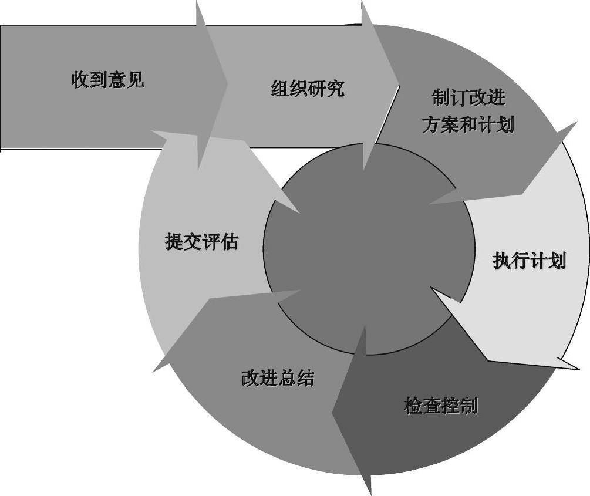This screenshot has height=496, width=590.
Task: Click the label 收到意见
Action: coord(108,79)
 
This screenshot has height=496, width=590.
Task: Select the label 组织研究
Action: coord(308,89)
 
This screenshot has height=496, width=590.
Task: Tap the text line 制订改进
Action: coord(468,97)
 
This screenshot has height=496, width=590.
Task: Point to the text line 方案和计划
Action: coord(468,124)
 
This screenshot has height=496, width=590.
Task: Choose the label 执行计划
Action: coord(529,261)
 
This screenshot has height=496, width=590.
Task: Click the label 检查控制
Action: coord(441,406)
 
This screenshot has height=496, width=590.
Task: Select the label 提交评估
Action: coord(201,242)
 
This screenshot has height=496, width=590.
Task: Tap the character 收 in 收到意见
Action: coord(81,79)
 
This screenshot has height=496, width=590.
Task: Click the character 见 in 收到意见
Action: coord(135,79)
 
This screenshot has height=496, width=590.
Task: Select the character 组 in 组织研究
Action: coord(281,89)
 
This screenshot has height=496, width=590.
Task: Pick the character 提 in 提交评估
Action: coord(174,242)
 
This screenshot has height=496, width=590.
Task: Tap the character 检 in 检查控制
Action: coord(414,406)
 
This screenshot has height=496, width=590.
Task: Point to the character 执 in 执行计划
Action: coord(502,261)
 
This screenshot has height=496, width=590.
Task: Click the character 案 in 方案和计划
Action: coord(450,124)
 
